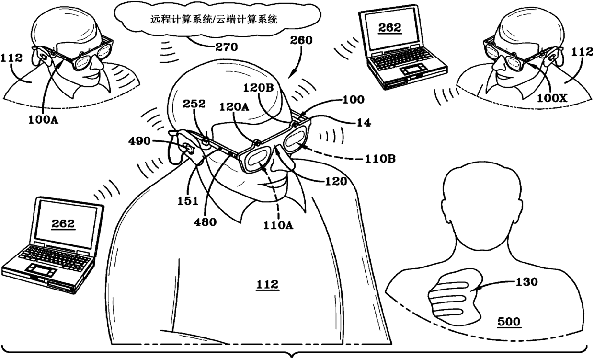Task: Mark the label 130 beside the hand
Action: (x=525, y=281)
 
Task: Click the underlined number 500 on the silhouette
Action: (x=508, y=321)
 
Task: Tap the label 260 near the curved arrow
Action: (x=301, y=41)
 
